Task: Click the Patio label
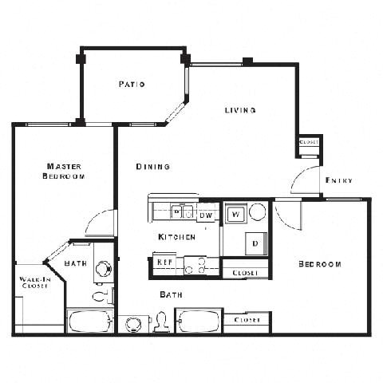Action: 132,84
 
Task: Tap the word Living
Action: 239,110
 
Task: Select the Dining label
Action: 152,167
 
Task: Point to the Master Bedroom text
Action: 63,171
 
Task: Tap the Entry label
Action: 339,181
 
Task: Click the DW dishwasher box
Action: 206,215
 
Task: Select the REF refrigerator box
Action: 164,261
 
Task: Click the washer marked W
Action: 235,214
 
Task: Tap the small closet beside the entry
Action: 309,143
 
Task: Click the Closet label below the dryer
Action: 245,273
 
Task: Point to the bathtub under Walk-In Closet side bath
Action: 89,322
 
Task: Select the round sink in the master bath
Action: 103,270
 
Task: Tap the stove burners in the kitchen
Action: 195,265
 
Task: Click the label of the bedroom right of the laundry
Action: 320,264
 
